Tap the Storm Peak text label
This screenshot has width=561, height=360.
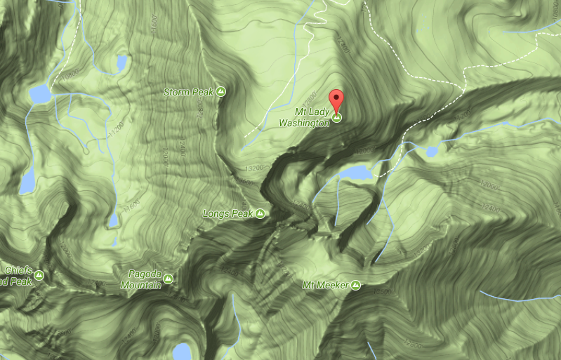[187, 92]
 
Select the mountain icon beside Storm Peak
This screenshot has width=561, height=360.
[221, 91]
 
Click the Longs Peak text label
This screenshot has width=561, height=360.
[226, 213]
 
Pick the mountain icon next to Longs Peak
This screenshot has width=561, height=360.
[260, 213]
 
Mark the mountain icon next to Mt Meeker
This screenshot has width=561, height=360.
[356, 285]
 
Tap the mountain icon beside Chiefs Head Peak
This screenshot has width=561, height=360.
[39, 275]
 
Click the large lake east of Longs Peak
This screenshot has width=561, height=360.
[355, 173]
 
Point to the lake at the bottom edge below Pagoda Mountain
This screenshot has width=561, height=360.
[183, 351]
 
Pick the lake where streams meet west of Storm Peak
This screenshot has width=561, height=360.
[39, 93]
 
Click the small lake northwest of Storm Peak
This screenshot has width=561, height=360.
[122, 63]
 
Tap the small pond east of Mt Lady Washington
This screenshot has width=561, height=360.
[432, 151]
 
